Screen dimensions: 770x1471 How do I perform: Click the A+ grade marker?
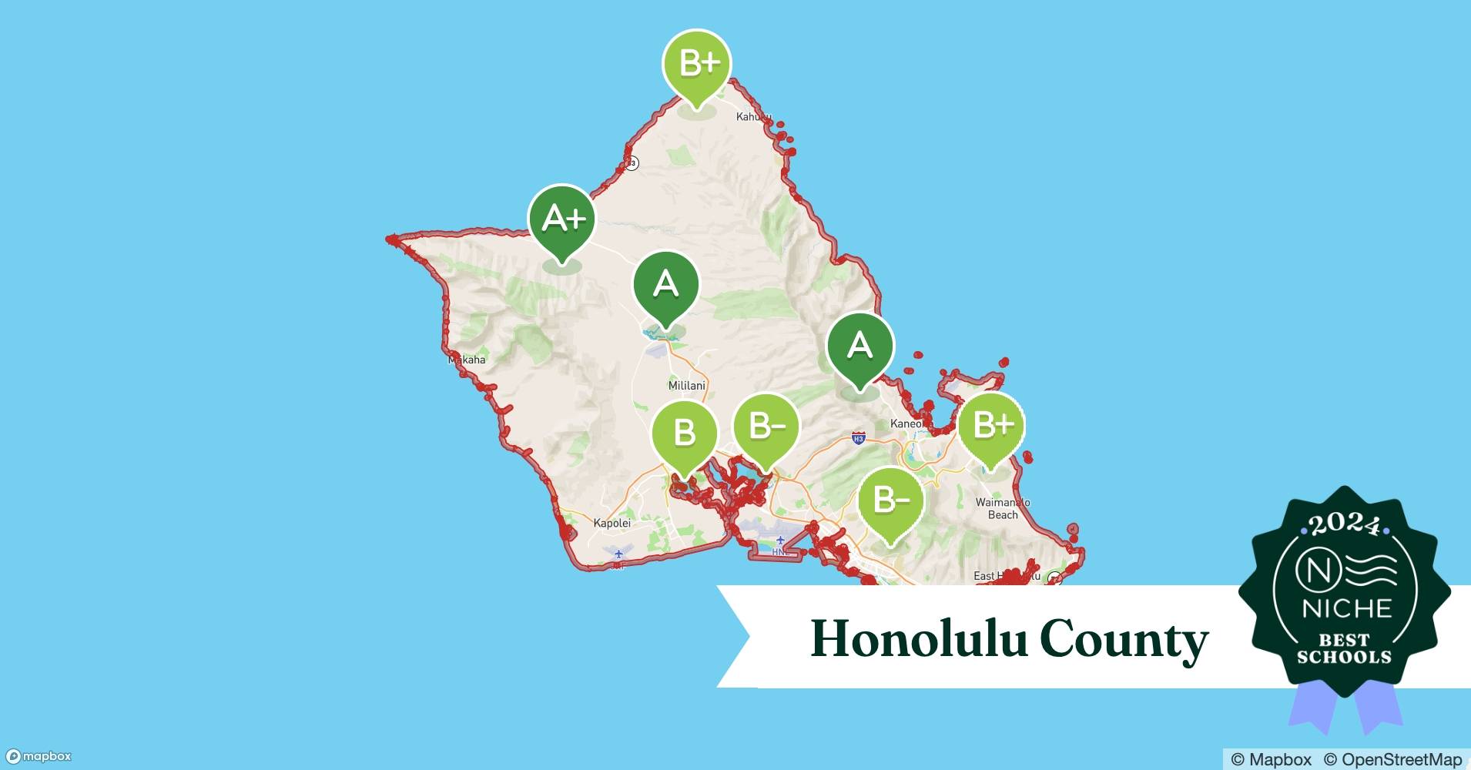pos(562,220)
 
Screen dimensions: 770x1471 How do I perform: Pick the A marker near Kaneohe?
pos(859,346)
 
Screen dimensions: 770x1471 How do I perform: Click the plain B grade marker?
pos(684,434)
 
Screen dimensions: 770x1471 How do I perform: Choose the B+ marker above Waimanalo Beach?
pos(992,426)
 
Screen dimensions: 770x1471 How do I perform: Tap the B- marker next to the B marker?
pos(766,427)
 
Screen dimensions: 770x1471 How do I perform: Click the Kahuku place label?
pos(753,117)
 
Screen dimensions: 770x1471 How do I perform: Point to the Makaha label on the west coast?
pos(467,360)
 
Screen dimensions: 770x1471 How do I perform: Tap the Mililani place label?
pos(686,385)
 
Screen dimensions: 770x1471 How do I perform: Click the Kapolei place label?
pos(612,523)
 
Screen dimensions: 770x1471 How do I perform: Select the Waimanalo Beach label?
pos(1002,508)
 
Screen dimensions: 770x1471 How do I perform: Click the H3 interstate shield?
pos(859,439)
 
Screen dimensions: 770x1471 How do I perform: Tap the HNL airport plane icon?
pos(781,541)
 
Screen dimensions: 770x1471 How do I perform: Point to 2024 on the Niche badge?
pos(1344,525)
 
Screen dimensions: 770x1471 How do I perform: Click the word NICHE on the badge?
pos(1347,609)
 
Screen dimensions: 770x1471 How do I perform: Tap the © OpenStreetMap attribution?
pos(1392,759)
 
